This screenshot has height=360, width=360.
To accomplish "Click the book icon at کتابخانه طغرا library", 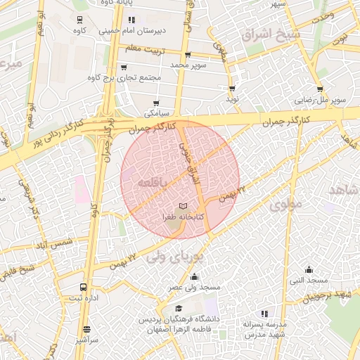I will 184,206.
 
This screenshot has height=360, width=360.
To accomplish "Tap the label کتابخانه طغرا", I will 184,217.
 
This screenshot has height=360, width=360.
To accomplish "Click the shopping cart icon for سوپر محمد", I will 187,55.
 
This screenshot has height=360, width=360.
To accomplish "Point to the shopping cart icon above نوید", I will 232,89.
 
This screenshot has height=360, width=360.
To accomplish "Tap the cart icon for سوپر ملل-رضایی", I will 320,89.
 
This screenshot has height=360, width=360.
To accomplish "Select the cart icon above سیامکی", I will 155,103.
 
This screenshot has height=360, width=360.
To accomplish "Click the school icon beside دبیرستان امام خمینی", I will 131,20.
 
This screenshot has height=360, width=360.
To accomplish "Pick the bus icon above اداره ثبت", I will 84,288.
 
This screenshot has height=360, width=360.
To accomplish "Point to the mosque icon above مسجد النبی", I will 309,269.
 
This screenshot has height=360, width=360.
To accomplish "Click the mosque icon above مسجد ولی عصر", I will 193,276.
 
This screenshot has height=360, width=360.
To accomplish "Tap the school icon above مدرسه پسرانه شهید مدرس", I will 264,314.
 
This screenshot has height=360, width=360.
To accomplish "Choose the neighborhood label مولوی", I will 285,205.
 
